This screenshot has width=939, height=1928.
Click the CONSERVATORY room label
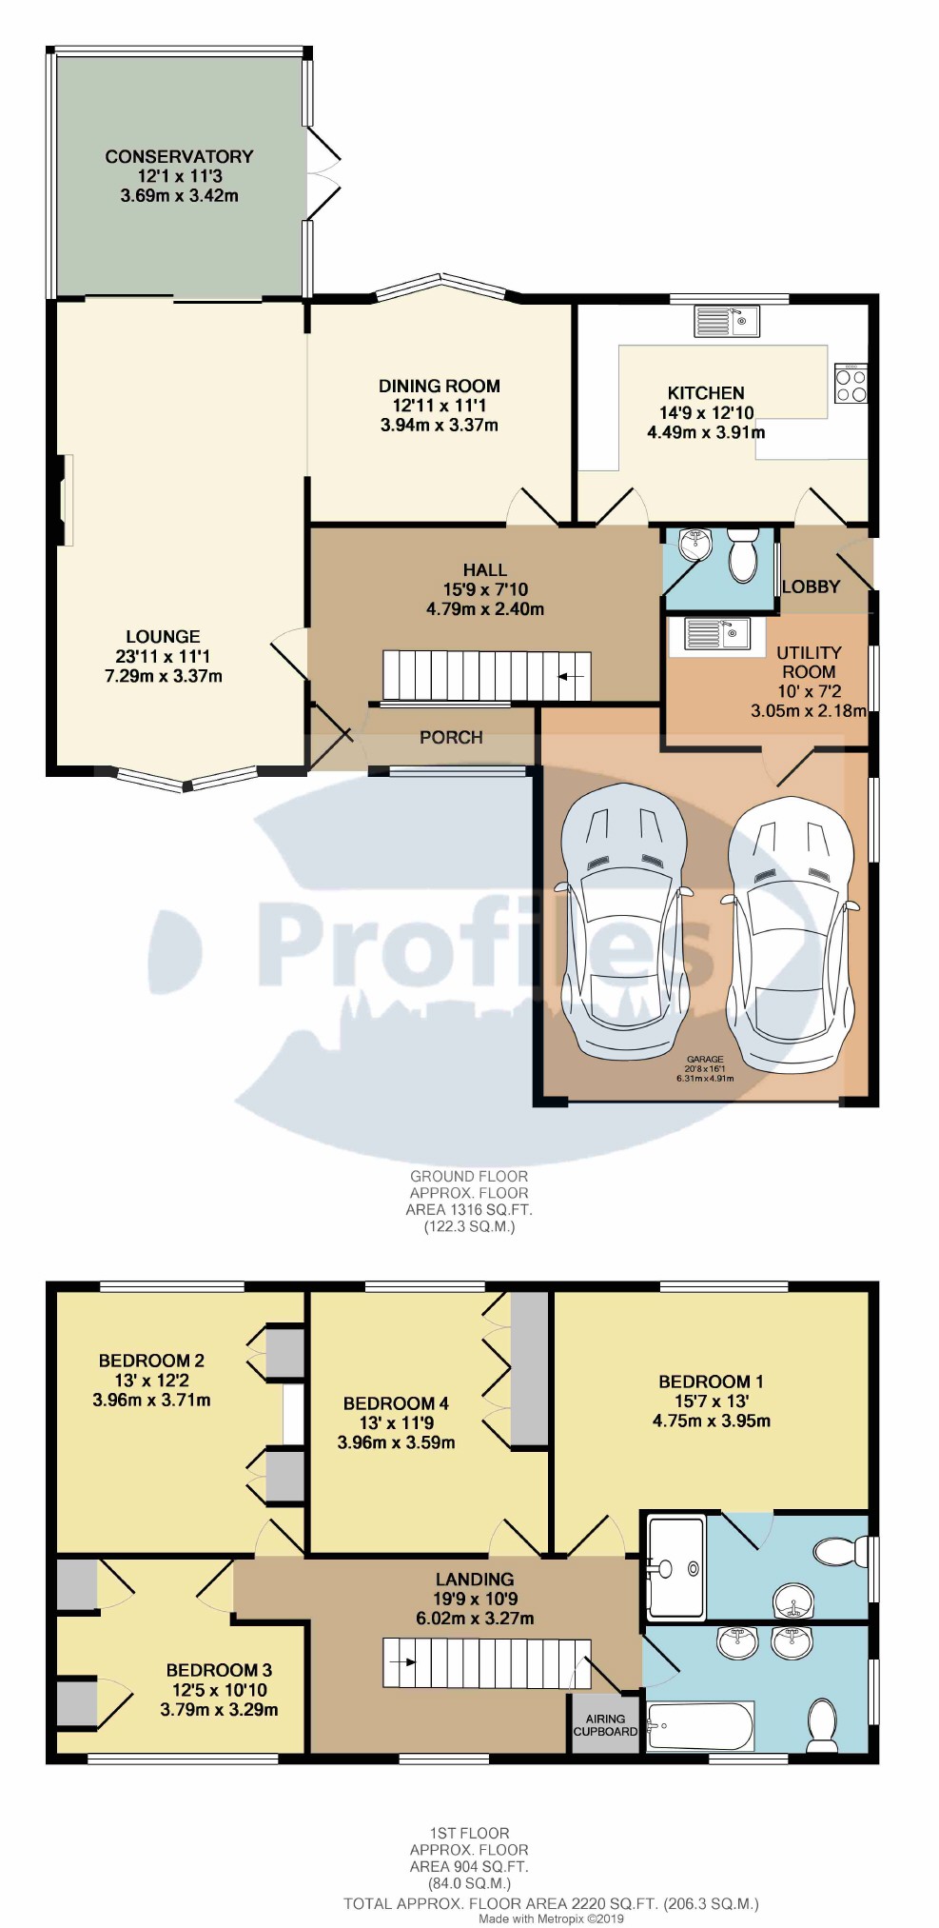tap(179, 156)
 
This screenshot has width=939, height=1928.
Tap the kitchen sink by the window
tap(726, 321)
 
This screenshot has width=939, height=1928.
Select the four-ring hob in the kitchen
tap(851, 383)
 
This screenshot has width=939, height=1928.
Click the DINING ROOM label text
tap(440, 386)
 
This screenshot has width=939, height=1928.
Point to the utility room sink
tap(717, 635)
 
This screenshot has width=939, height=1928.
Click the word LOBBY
tap(811, 586)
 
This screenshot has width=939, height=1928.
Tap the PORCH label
tap(451, 737)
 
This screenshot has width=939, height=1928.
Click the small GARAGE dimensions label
tap(705, 1068)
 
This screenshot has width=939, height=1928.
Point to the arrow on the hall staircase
tap(570, 677)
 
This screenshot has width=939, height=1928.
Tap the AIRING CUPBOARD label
tap(605, 1724)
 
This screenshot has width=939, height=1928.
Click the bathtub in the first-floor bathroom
tap(700, 1725)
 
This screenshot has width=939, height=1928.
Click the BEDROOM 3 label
tap(219, 1670)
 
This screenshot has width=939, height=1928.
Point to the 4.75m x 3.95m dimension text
tap(712, 1421)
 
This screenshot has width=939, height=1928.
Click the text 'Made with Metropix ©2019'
tap(551, 1918)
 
